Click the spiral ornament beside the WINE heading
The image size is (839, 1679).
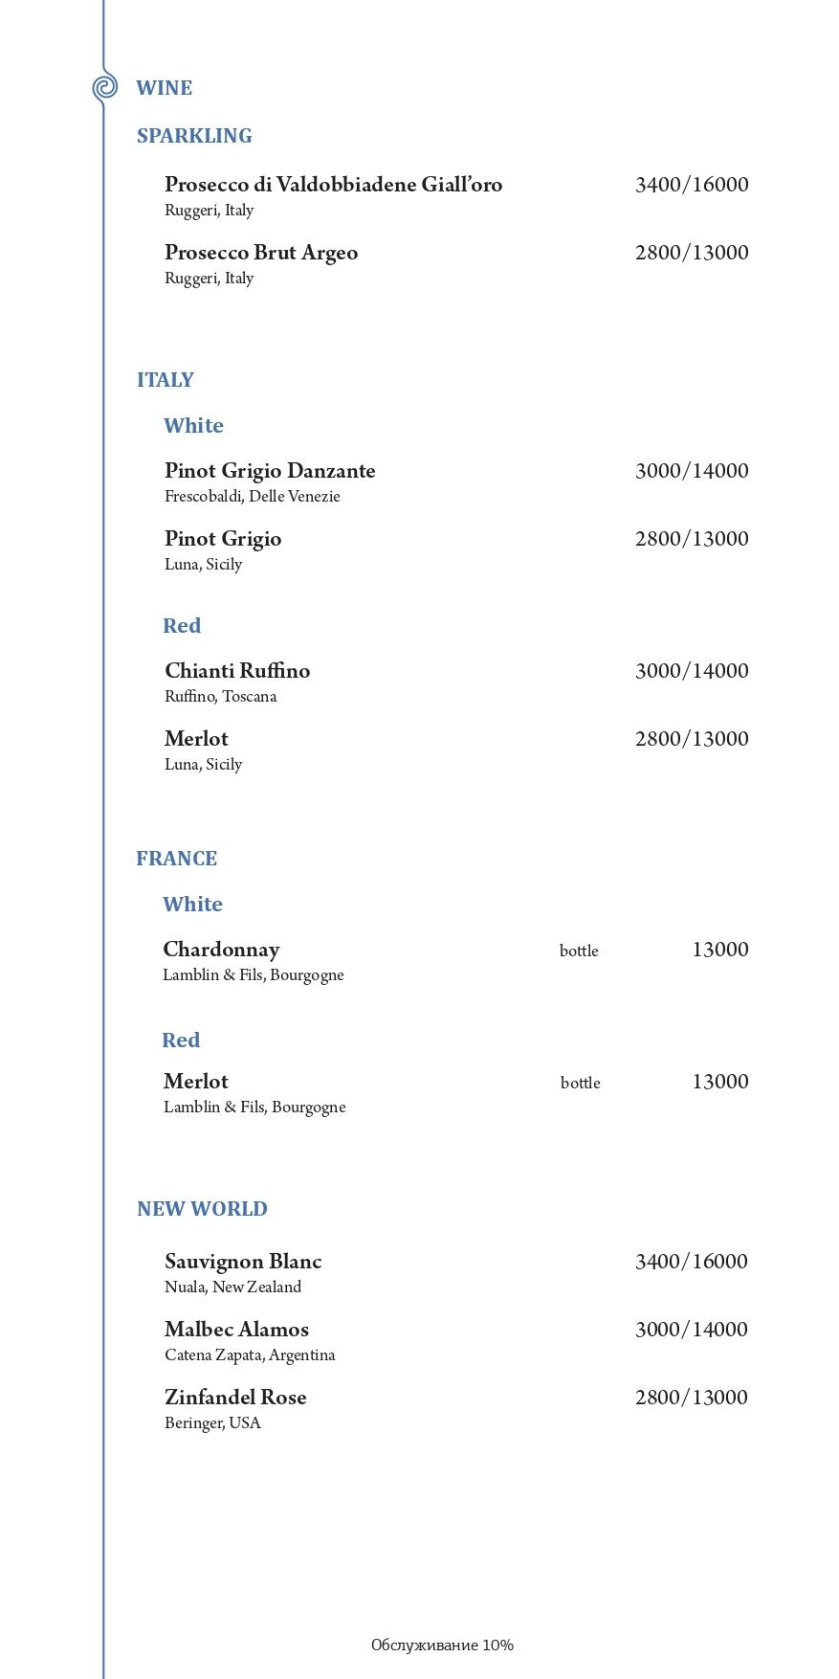tap(104, 87)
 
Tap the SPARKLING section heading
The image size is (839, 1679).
tap(194, 136)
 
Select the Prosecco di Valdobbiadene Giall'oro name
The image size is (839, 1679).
tap(333, 185)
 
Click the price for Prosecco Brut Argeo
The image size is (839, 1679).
tap(691, 253)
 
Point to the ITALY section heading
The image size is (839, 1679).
tap(166, 380)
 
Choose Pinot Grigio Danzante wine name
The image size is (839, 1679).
tap(270, 471)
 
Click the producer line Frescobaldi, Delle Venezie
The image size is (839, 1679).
tap(252, 497)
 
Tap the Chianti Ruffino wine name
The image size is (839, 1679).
tap(237, 671)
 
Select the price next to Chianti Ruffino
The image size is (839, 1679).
tap(691, 671)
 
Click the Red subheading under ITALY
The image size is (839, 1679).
tap(182, 626)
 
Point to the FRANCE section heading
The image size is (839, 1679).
tap(176, 859)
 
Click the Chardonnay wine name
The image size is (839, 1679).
tap(221, 950)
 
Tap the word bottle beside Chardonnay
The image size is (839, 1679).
tap(579, 951)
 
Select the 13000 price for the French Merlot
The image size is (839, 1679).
tap(719, 1082)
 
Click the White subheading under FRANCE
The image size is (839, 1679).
tap(192, 905)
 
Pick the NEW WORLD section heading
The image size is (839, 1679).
tap(202, 1209)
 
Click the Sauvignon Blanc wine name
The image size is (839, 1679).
tap(243, 1262)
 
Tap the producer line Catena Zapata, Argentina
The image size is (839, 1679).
tap(250, 1355)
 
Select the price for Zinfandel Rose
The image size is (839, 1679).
tap(691, 1398)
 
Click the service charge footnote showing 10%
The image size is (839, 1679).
tap(442, 1645)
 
